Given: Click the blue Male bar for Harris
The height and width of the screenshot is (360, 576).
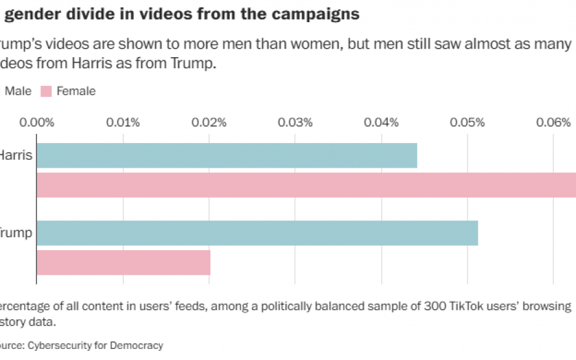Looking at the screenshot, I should pos(227,156).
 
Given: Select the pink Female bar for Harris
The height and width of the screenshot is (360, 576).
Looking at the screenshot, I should pos(306,185).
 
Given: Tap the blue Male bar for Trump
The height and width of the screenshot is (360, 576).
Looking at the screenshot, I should pos(257,233).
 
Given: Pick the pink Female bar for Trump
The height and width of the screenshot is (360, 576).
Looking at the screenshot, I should pos(123,262).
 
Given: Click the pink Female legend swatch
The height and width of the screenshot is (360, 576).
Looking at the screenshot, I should pos(47,92).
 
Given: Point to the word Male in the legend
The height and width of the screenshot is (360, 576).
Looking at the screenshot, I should pos(18,92).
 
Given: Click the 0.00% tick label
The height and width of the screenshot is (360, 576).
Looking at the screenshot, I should pos(37,122).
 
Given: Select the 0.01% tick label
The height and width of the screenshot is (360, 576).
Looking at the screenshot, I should pos(123,122).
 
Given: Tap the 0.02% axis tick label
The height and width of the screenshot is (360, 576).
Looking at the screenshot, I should pos(209,122).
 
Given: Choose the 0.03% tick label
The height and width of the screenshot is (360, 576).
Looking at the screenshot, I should pos(295,122).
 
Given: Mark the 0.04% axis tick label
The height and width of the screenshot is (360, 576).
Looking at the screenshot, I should pos(381,122).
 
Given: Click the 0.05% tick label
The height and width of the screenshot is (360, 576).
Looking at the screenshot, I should pos(468,122).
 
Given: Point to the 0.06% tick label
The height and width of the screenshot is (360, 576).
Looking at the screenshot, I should pos(553,122).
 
